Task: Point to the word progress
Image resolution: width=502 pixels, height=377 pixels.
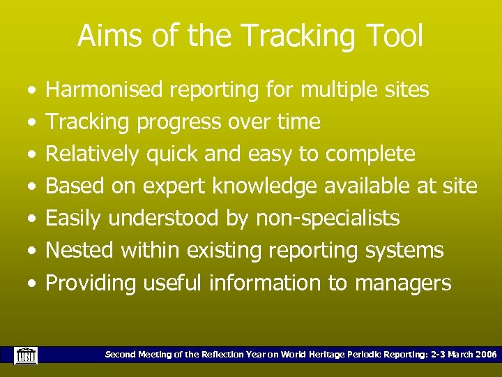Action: pyautogui.click(x=181, y=123)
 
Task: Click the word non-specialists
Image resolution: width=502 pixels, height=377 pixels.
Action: pyautogui.click(x=328, y=219)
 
